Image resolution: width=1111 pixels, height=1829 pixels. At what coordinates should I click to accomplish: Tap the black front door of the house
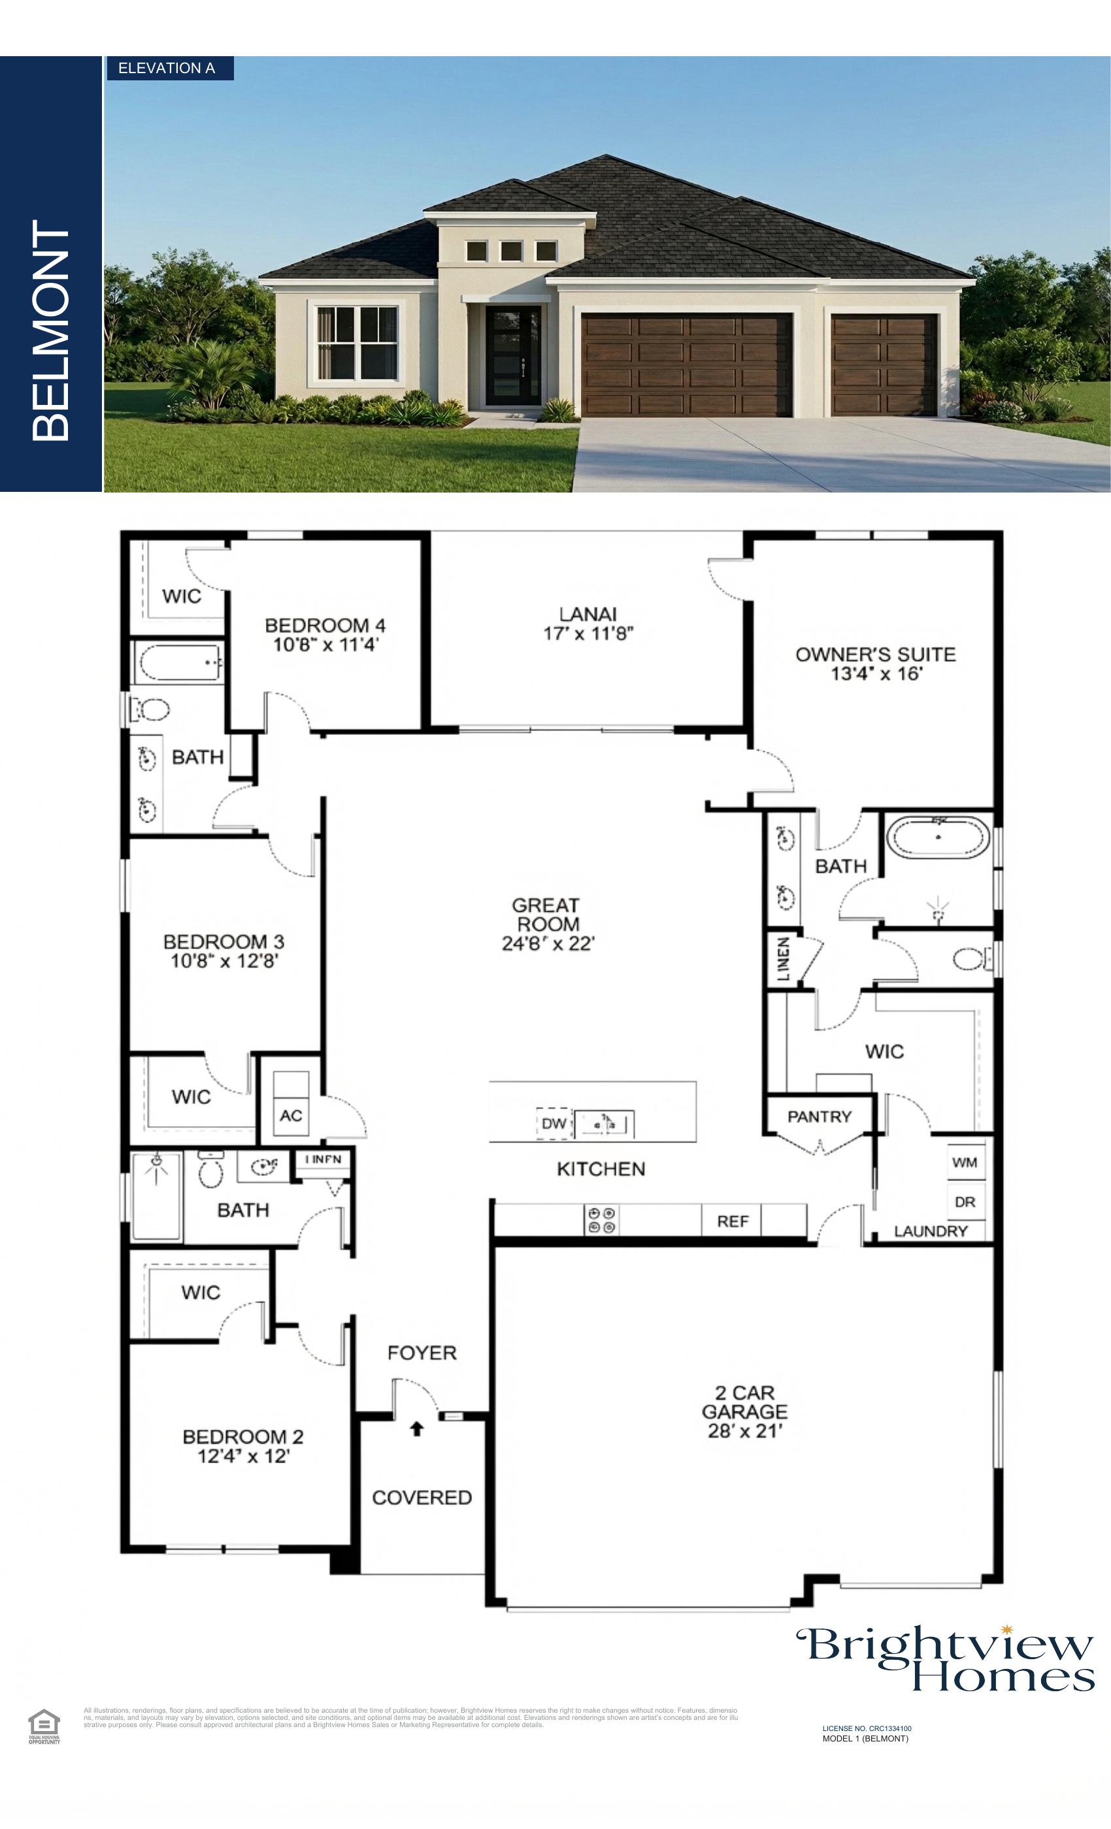coord(513,356)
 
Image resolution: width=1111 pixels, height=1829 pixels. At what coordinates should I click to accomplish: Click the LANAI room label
coord(588,615)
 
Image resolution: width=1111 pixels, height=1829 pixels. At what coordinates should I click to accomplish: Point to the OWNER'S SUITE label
coord(876,655)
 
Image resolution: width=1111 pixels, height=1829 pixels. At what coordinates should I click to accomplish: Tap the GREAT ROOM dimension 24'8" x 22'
coord(548,943)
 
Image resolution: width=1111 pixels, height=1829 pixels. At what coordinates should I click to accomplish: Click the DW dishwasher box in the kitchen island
coord(554,1123)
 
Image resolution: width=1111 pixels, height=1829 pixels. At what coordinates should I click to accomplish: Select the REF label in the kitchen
coord(732,1221)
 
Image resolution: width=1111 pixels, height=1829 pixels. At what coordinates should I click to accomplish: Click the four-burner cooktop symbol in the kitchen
coord(601,1220)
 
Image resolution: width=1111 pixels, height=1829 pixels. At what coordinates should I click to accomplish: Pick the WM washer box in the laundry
coord(965,1163)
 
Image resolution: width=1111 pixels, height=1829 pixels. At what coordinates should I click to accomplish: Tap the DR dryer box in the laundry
coord(965,1202)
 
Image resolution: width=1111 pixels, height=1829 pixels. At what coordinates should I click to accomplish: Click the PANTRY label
coord(819,1116)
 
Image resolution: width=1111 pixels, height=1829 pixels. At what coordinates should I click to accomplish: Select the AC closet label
coord(290,1116)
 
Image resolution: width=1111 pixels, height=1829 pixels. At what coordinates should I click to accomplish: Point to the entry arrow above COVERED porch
coord(417,1427)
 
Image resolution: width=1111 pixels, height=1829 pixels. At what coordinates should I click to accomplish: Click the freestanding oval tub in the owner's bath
coord(938,838)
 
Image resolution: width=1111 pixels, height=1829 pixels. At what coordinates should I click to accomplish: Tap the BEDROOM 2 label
coord(243,1437)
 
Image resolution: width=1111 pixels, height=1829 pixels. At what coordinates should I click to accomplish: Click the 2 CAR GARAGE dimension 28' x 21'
coord(744,1431)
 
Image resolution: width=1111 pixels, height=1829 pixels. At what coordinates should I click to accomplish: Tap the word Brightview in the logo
coord(943,1645)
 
